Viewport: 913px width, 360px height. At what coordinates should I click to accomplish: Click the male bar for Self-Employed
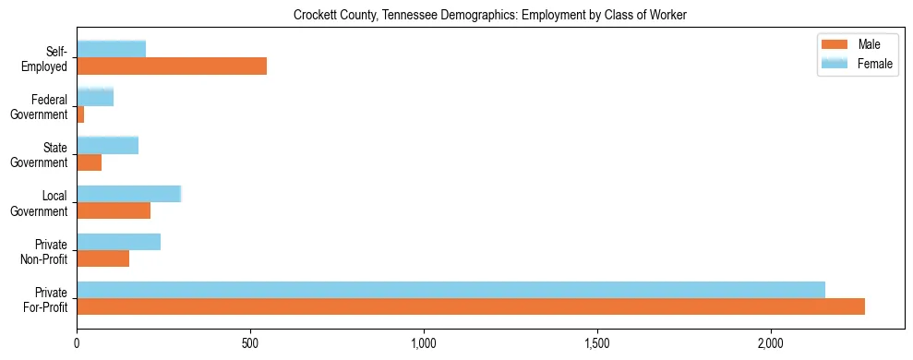pyautogui.click(x=172, y=66)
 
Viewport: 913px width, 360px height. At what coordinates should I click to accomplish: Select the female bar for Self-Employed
pyautogui.click(x=112, y=49)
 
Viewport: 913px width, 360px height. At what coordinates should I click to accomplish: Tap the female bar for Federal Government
pyautogui.click(x=95, y=97)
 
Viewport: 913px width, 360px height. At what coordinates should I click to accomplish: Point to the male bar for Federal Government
pyautogui.click(x=81, y=114)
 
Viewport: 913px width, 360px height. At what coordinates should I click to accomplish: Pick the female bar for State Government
pyautogui.click(x=108, y=145)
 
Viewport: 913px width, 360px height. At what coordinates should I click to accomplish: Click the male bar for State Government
pyautogui.click(x=90, y=162)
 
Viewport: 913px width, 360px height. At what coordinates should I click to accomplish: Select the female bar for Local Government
pyautogui.click(x=129, y=194)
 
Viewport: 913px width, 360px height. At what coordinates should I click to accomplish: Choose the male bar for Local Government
pyautogui.click(x=114, y=210)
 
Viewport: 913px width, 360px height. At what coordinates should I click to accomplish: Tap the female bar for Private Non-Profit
pyautogui.click(x=119, y=242)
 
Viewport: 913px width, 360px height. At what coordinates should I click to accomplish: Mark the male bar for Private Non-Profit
pyautogui.click(x=103, y=258)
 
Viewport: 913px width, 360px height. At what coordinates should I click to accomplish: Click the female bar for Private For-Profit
pyautogui.click(x=450, y=290)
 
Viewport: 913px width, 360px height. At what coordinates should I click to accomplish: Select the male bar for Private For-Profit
pyautogui.click(x=471, y=306)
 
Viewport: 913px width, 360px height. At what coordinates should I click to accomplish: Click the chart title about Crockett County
pyautogui.click(x=490, y=16)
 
